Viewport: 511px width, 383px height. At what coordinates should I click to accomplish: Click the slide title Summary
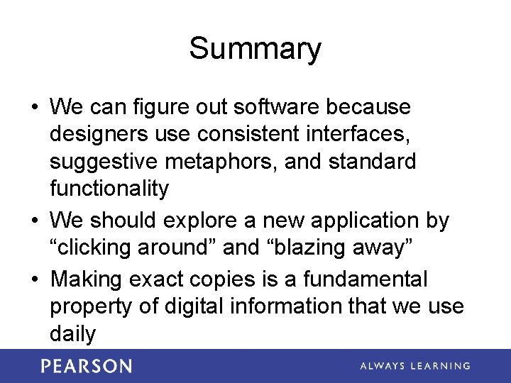(255, 49)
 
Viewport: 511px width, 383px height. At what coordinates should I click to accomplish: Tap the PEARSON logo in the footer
(86, 366)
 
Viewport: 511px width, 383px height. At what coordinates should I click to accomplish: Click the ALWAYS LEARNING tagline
(414, 366)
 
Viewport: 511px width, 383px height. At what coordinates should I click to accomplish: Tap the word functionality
(109, 189)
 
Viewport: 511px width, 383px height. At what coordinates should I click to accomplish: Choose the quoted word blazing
(306, 248)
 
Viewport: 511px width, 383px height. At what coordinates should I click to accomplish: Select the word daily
(72, 333)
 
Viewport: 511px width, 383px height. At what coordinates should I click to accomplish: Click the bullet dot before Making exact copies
(35, 279)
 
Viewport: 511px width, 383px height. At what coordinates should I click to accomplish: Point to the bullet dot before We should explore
(35, 221)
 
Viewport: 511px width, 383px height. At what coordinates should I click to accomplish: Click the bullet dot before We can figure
(35, 108)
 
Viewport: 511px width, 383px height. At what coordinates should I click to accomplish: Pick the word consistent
(232, 134)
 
